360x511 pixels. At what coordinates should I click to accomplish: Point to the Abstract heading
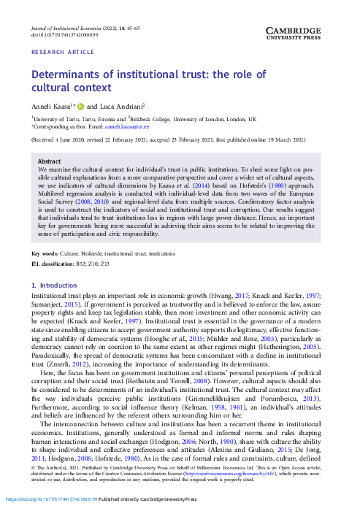click(x=49, y=161)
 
